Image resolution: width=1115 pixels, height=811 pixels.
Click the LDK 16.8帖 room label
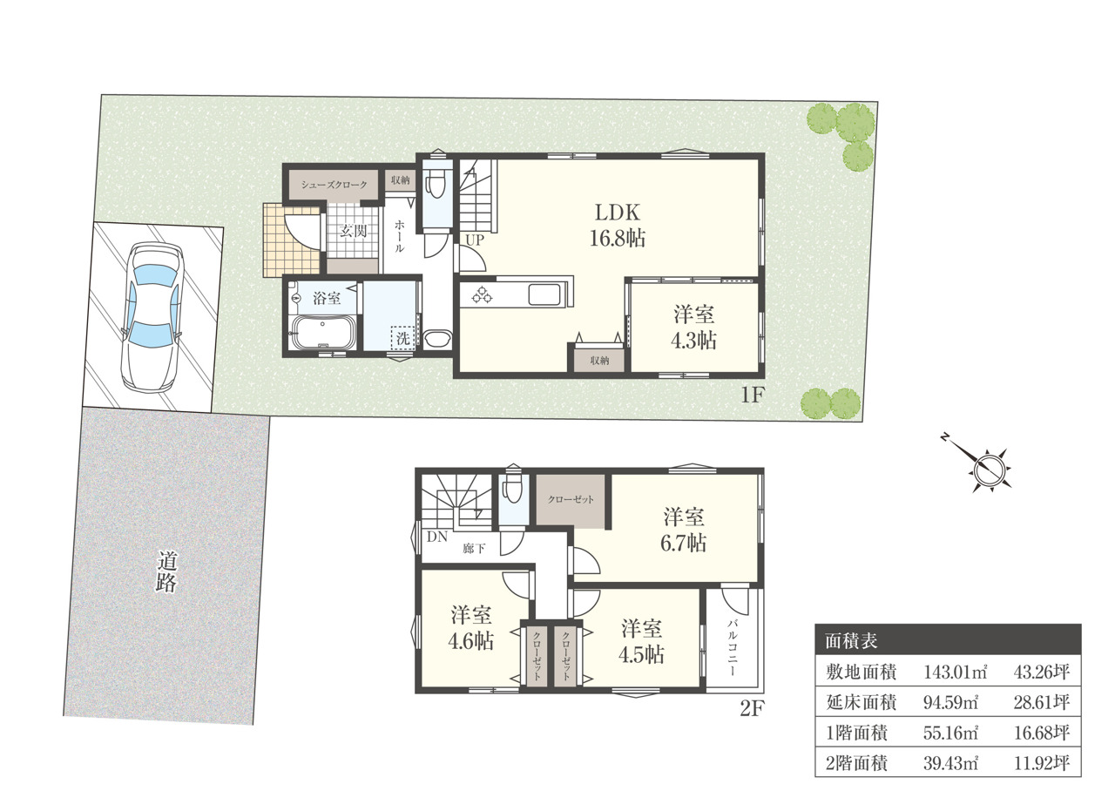pos(618,226)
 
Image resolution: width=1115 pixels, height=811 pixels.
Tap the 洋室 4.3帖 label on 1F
pos(694,328)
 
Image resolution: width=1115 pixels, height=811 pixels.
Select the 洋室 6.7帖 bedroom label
pos(684,530)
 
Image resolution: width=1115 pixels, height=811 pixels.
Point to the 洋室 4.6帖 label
pos(471,628)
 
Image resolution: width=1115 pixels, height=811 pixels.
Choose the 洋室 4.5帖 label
pos(641,642)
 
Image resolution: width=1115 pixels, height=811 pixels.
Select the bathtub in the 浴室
pos(323,332)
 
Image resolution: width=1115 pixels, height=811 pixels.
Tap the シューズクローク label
pos(334,185)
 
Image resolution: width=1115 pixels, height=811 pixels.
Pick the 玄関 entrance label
pos(354,231)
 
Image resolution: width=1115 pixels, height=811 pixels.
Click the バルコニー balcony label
pos(733,647)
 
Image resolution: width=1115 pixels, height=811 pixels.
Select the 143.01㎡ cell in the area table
pos(956,672)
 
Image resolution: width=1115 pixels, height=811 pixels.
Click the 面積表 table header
pos(851,641)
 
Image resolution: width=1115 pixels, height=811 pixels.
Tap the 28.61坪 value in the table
pos(1041,702)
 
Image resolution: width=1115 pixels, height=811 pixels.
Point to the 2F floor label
pos(751,708)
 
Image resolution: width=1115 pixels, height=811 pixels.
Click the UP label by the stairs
pos(475,240)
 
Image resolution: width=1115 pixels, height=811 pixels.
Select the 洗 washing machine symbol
pos(402,338)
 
